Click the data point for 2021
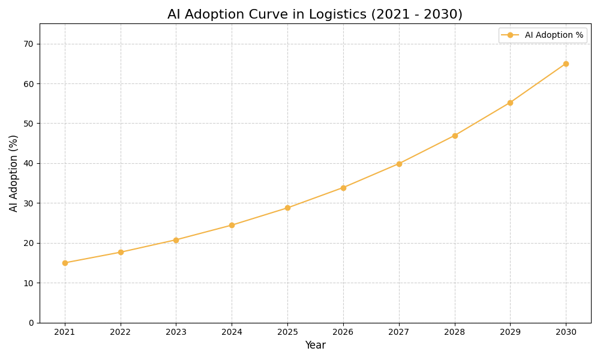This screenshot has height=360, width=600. pos(65,263)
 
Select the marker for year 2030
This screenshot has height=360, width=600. pos(566,64)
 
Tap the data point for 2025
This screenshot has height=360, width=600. pos(287,208)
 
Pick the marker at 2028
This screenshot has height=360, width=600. pos(455,136)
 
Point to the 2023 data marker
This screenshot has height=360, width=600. pos(176,240)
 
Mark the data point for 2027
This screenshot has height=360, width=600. pos(399,164)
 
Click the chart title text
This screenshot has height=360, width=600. pos(315,14)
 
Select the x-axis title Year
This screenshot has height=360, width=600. pos(315,346)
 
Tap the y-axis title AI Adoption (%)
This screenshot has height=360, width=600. pos(14,173)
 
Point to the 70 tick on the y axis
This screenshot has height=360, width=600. pos(29,44)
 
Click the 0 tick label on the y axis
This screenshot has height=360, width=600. pos(31,323)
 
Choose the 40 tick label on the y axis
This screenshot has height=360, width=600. pos(29,163)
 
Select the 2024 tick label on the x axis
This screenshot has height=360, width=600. pos(232,332)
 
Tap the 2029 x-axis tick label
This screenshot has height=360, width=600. pos(510,332)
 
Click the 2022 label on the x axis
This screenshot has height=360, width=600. pos(121,332)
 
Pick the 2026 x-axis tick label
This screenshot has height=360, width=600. pos(343,332)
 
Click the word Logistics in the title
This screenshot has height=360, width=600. pos(337,14)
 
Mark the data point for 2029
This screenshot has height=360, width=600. pos(510,103)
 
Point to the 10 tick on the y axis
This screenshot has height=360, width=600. pos(29,283)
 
